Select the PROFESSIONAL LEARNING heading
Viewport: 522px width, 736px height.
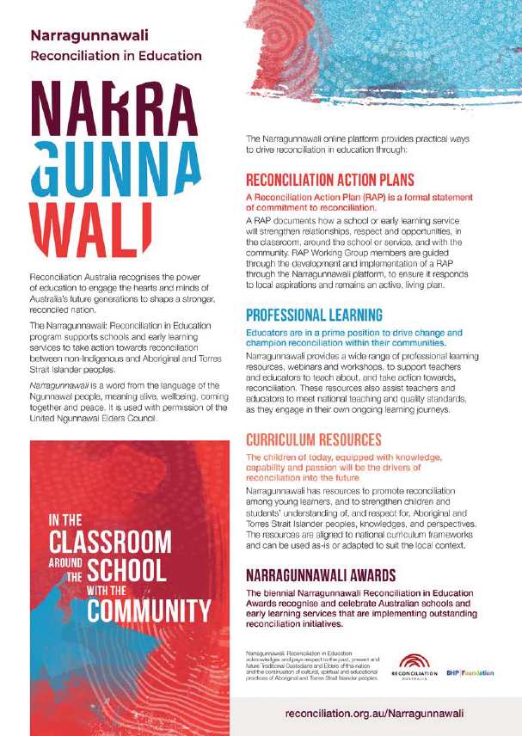[314, 315]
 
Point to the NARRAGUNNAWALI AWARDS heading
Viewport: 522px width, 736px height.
[320, 574]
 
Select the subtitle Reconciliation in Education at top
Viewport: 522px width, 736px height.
[115, 56]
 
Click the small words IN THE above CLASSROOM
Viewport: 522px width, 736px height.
[58, 521]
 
